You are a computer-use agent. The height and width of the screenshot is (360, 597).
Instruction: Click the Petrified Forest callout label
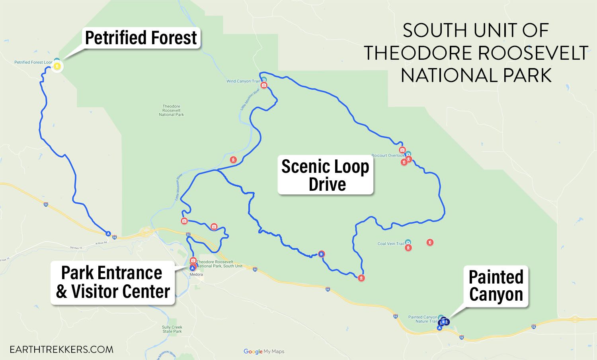[141, 38]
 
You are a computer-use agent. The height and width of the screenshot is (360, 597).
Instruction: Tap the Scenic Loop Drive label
[326, 175]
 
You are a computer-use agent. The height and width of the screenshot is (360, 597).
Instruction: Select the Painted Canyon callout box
[496, 286]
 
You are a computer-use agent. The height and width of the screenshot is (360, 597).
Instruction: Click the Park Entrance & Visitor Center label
[113, 282]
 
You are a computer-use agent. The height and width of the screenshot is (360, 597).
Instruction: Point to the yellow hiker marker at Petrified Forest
[57, 67]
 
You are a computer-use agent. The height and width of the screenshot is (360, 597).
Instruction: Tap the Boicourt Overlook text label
[388, 155]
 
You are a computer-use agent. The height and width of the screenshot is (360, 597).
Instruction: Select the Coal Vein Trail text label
[391, 244]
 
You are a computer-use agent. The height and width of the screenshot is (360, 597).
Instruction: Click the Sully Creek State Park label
[172, 329]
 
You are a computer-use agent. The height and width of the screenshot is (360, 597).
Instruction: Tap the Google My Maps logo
[264, 351]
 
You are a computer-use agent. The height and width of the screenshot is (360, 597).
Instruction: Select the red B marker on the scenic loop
[321, 254]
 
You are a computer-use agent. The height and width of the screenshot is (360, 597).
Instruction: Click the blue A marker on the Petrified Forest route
[108, 233]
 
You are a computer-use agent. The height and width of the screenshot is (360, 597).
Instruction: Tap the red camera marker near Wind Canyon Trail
[263, 85]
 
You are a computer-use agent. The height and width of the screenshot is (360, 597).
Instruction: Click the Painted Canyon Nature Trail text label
[423, 319]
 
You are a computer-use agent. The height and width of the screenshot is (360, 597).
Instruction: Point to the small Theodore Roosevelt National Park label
[172, 110]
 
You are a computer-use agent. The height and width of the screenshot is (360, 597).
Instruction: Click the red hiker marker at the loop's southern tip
[361, 278]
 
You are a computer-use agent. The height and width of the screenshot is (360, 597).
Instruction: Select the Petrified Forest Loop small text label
[33, 63]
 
